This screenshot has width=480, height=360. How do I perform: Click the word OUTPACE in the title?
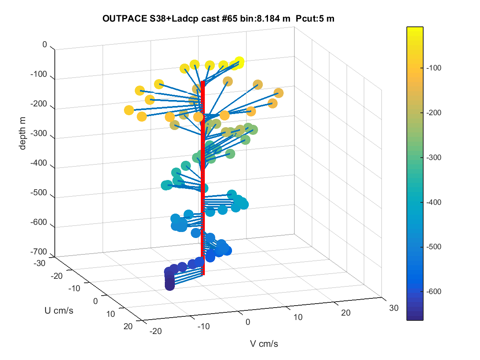pos(125,18)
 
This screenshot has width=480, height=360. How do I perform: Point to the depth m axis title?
pos(22,133)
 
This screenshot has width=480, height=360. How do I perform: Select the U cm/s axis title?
pos(59,310)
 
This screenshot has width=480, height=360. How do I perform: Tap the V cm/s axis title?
pos(264,344)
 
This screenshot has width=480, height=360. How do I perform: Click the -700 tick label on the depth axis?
pos(39,252)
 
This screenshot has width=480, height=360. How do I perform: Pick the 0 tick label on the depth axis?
pos(45,44)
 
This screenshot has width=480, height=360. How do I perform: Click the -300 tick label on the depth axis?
pos(39,133)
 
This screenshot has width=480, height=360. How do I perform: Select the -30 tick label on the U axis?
pos(40,263)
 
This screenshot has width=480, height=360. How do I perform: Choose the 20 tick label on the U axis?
pos(128,326)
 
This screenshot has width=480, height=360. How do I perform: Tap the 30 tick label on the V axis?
pos(394,308)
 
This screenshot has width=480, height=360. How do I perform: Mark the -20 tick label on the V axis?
pos(156,331)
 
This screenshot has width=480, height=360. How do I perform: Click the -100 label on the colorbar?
pos(434,68)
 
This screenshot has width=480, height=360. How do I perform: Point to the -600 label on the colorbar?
pos(434,291)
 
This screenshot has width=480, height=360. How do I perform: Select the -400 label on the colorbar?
pos(434,202)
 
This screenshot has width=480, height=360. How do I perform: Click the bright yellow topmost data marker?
pos(239,62)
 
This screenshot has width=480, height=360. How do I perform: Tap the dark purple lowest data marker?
pos(170,286)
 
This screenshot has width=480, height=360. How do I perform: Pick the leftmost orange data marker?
pos(129,110)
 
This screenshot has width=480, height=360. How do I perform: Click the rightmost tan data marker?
pos(278,93)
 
